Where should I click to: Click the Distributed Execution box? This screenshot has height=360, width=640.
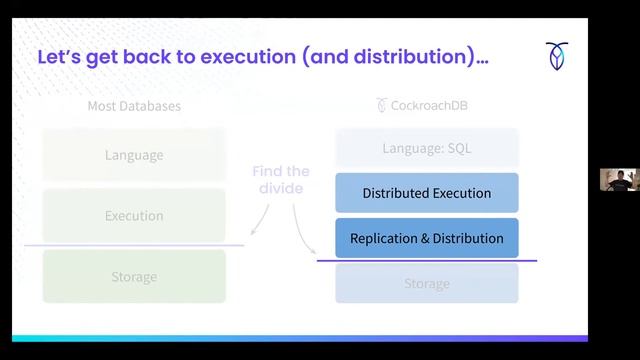427,193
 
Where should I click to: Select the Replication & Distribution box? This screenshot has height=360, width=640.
427,239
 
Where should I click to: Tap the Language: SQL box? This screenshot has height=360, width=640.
427,149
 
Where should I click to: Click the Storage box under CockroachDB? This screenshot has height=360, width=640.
427,283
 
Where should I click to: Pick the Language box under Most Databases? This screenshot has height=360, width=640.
134,155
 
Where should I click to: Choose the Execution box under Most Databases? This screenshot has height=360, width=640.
134,215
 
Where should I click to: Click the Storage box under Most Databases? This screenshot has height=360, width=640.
134,277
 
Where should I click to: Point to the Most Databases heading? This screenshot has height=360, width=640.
134,105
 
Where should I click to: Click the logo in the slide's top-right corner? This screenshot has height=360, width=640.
557,57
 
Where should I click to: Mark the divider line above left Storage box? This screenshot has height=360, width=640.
134,246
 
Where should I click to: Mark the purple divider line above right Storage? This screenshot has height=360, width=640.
427,261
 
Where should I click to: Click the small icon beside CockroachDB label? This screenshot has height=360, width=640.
381,105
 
